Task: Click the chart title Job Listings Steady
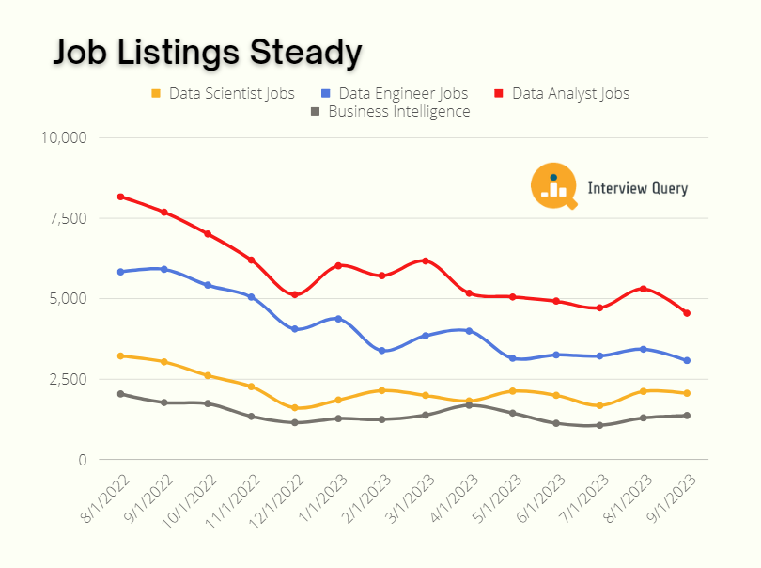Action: (207, 53)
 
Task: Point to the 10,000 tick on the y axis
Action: (64, 137)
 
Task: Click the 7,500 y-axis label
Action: (68, 218)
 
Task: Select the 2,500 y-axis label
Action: (68, 379)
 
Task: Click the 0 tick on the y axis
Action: (82, 460)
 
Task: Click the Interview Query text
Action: (637, 188)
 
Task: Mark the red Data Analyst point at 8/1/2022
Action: (121, 197)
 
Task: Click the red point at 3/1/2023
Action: (426, 260)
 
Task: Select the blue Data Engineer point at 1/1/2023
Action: (338, 319)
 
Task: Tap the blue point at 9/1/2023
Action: (687, 360)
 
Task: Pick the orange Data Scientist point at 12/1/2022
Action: (295, 408)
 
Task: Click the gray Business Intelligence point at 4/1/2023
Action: (469, 405)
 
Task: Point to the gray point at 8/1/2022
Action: (121, 394)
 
